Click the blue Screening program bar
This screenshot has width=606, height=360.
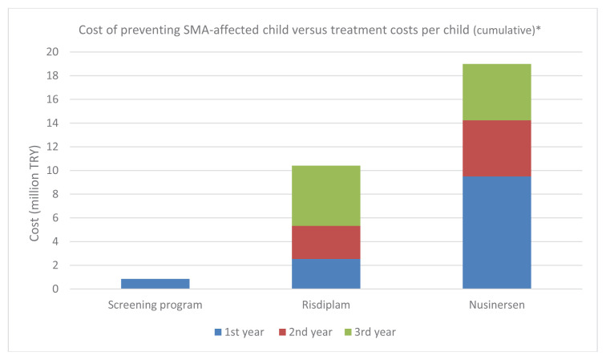[155, 284]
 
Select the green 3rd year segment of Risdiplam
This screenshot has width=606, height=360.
[325, 196]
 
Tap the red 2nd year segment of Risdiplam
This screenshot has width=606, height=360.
[325, 242]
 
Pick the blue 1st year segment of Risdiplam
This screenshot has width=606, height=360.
[325, 273]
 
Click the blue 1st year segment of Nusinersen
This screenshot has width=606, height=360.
[497, 233]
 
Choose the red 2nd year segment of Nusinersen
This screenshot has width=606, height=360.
[497, 148]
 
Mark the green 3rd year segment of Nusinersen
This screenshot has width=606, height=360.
[497, 92]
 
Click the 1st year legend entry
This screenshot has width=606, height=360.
[239, 332]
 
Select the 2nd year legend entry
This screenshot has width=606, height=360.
[305, 332]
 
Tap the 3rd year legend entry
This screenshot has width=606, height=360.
[370, 332]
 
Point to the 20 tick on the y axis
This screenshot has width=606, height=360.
[52, 52]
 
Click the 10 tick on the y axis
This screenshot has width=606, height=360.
[52, 171]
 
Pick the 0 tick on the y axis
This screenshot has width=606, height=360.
[55, 289]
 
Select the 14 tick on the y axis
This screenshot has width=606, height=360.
[52, 123]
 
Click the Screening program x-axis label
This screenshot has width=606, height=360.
[155, 305]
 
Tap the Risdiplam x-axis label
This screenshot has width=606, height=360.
[325, 305]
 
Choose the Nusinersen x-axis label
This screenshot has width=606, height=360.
[497, 305]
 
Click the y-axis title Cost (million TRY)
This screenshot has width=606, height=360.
[34, 193]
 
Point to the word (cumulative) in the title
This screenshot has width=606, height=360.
[504, 30]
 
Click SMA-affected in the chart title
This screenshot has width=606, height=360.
[221, 30]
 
